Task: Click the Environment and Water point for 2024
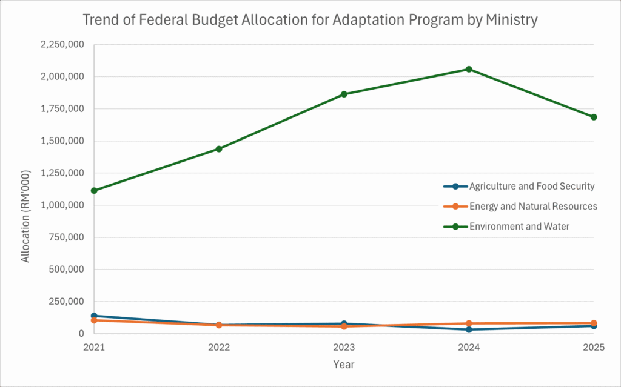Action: (x=469, y=69)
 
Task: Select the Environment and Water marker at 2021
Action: (x=94, y=190)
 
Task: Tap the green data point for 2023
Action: (x=344, y=94)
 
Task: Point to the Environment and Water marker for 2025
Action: (x=594, y=117)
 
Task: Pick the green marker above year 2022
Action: (x=219, y=149)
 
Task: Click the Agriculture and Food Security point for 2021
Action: (x=94, y=316)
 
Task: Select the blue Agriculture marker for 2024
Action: (x=469, y=329)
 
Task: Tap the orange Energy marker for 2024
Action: (x=469, y=323)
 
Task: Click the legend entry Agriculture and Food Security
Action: (x=531, y=186)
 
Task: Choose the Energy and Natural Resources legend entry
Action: (x=533, y=206)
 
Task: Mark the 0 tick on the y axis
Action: (x=80, y=334)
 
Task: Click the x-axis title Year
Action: (x=344, y=365)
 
